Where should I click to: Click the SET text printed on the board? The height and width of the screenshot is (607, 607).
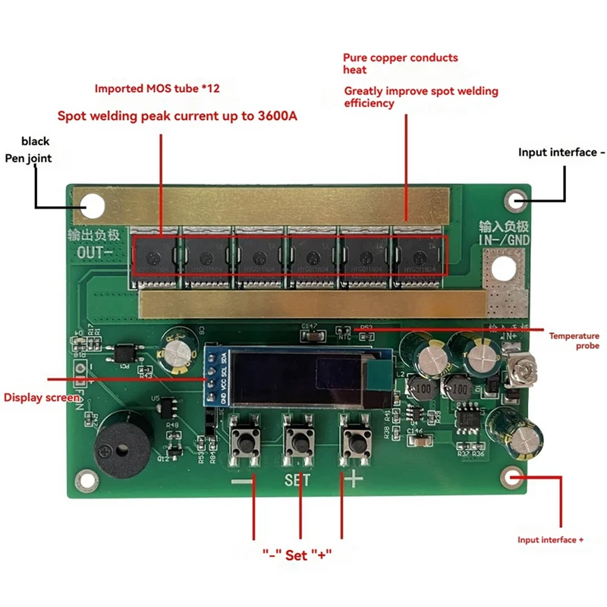point(298,480)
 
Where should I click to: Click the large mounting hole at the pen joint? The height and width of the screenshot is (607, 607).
point(93,204)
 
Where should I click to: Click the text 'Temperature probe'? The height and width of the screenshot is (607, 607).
point(574,340)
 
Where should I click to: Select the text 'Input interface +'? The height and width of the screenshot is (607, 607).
point(550,539)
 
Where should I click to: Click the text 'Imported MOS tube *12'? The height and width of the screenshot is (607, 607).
point(157,88)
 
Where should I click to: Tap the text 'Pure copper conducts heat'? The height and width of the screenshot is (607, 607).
point(400,63)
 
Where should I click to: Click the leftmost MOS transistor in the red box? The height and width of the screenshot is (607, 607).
point(156,256)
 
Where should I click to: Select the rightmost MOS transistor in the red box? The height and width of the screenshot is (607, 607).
point(417,256)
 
